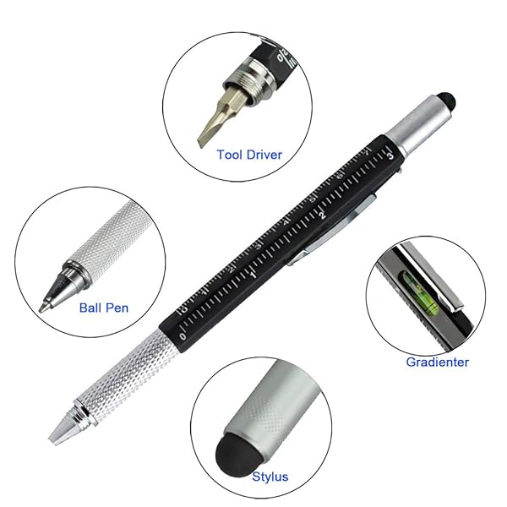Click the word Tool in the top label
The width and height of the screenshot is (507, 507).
click(229, 155)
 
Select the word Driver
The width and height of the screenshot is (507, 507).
click(264, 155)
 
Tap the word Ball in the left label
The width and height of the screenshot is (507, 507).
click(90, 308)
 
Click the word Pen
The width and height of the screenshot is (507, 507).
click(117, 308)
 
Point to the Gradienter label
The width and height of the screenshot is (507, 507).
click(438, 363)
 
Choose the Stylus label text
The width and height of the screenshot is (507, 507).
click(270, 477)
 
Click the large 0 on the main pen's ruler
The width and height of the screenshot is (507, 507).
click(183, 336)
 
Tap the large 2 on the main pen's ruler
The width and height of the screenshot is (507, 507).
click(322, 215)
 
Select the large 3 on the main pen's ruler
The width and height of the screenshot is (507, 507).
click(390, 155)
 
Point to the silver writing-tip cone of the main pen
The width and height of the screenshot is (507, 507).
click(61, 428)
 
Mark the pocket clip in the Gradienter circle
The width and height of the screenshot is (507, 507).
click(430, 277)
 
